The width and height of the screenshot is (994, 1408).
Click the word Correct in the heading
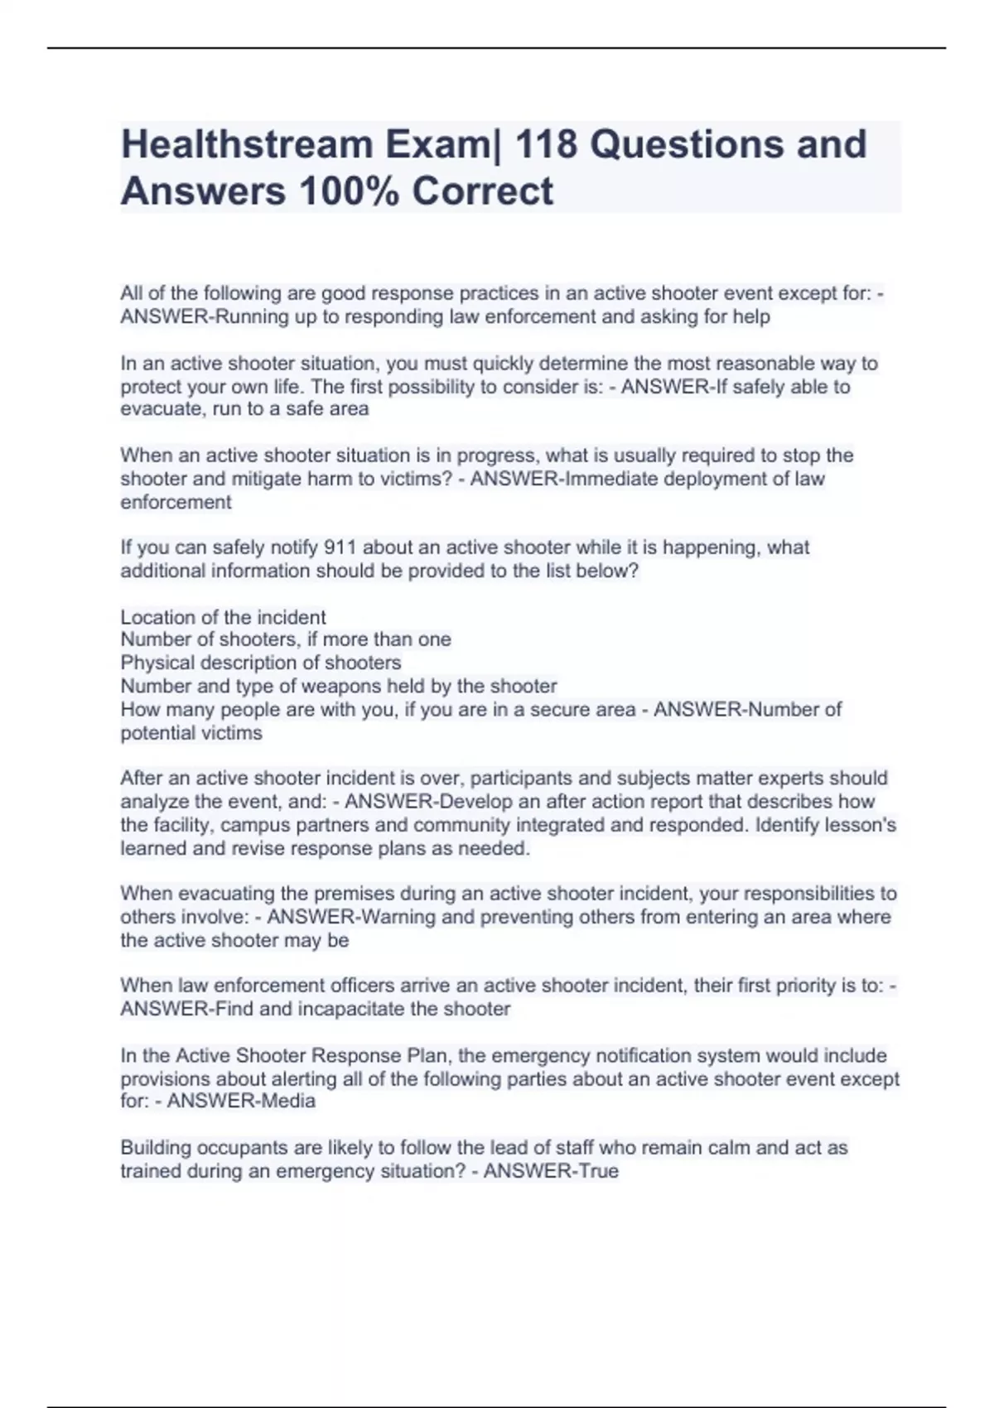point(482,190)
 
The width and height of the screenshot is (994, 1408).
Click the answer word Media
point(287,1102)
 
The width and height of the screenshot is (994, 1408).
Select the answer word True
point(600,1171)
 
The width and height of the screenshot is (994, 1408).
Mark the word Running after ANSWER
point(248,316)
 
